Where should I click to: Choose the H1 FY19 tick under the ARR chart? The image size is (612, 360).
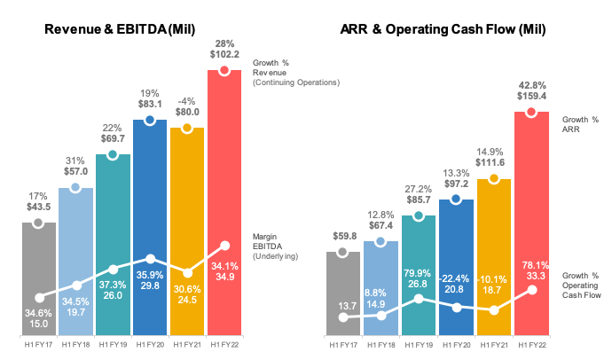tap(419, 344)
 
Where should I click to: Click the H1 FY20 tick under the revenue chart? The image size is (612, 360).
tap(150, 344)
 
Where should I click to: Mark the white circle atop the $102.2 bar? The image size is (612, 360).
tap(224, 70)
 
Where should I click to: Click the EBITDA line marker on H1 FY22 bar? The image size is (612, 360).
tap(224, 247)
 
